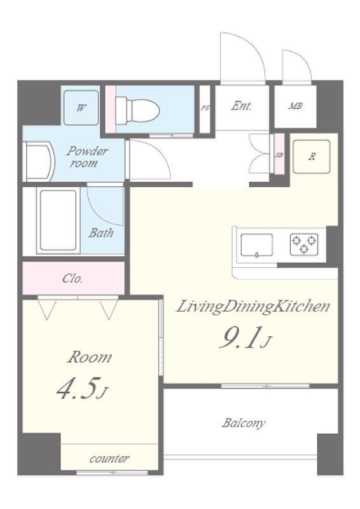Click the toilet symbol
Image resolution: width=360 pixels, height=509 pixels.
click(137, 109)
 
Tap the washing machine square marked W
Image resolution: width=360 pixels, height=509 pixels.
click(81, 108)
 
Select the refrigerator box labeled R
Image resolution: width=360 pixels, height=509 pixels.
click(311, 157)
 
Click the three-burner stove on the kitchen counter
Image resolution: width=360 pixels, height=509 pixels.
click(304, 244)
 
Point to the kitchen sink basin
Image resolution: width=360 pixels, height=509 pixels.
click(256, 246)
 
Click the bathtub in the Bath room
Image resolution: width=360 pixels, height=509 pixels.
click(59, 220)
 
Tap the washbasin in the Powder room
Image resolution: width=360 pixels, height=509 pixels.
click(38, 162)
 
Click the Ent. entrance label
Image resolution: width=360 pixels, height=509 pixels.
click(241, 106)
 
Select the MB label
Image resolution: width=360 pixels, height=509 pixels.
click(295, 106)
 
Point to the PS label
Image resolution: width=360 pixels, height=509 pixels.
click(205, 108)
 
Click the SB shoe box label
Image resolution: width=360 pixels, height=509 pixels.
click(279, 155)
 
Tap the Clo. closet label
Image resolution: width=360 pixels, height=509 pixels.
click(73, 279)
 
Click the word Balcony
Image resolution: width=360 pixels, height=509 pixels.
click(244, 422)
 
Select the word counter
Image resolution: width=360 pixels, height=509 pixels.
click(109, 459)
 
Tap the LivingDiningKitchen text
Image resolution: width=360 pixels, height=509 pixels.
click(253, 307)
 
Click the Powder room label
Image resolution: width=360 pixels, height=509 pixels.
click(87, 157)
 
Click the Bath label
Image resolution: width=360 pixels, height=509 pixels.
click(101, 233)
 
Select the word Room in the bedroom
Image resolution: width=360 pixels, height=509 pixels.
click(90, 357)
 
